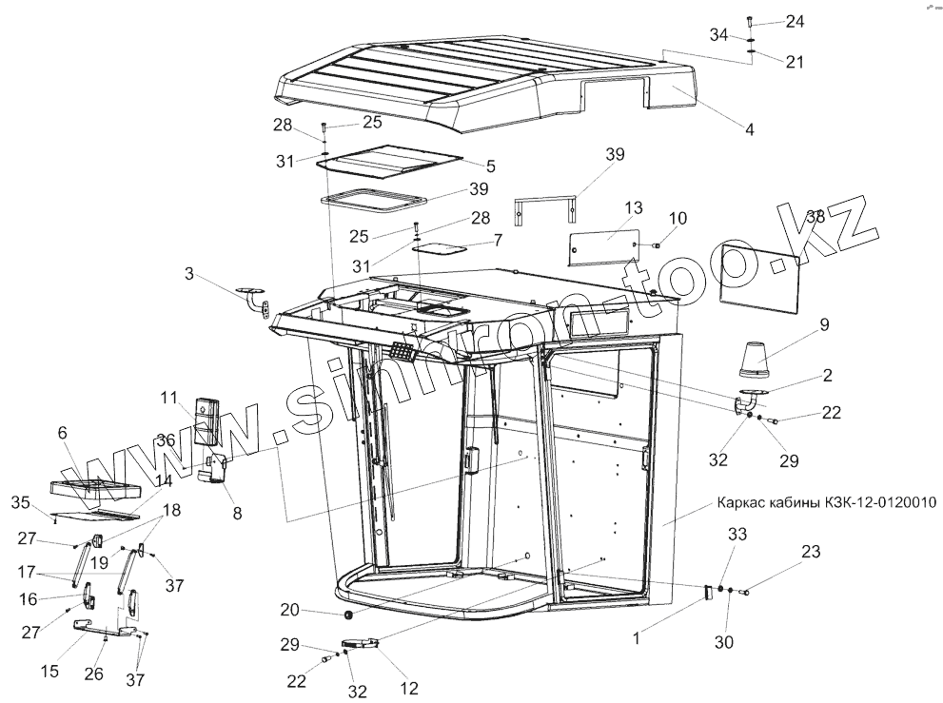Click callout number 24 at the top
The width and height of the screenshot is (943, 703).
(x=795, y=21)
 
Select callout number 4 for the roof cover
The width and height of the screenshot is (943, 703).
(x=750, y=128)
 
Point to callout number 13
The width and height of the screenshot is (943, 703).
(x=635, y=208)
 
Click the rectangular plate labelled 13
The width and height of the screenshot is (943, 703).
(x=602, y=243)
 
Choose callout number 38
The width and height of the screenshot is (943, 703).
(x=815, y=216)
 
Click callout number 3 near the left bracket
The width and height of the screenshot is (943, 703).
(x=189, y=275)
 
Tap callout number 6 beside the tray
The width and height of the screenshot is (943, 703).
(x=63, y=432)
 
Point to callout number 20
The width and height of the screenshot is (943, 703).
(x=289, y=609)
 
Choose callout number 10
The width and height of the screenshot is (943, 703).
(x=676, y=219)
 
